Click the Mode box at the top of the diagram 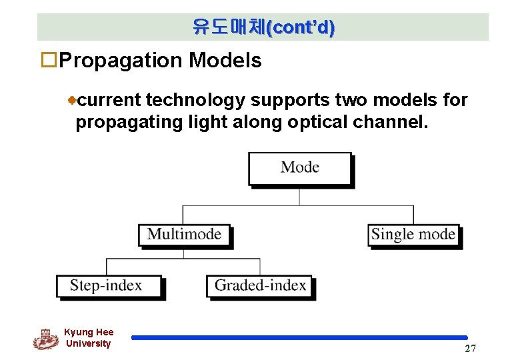point(299,167)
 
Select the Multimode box point(184,234)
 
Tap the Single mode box point(413,234)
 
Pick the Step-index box point(107,286)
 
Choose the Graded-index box point(260,286)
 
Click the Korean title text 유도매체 point(228,27)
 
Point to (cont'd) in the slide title point(301,27)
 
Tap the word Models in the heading point(225,61)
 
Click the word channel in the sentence point(391,122)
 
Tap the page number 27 point(471,349)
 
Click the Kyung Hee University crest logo point(45,339)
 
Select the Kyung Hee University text point(89,338)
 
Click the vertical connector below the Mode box point(299,196)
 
